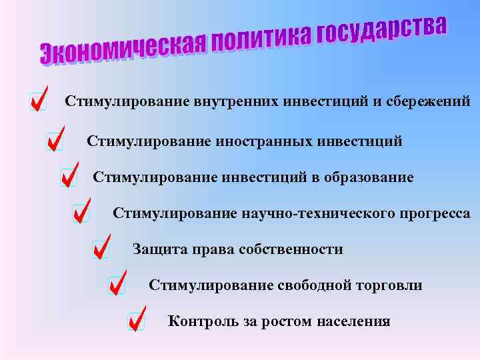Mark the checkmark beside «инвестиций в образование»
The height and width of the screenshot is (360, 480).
(x=69, y=175)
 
